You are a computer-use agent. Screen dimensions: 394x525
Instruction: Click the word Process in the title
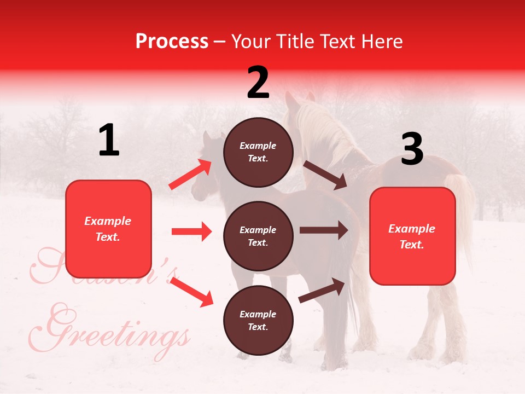[x=172, y=41]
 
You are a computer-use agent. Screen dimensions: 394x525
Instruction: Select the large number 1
[x=109, y=141]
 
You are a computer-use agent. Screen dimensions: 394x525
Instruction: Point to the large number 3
[x=412, y=149]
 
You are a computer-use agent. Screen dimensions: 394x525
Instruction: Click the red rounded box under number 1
[x=108, y=229]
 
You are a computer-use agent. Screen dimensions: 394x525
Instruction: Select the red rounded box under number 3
[x=412, y=236]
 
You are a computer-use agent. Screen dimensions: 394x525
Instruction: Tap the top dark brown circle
[x=258, y=152]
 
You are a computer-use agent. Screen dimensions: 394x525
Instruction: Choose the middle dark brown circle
[x=258, y=236]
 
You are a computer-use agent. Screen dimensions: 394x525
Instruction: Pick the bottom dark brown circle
[x=258, y=320]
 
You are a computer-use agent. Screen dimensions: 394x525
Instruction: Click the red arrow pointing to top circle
[x=190, y=174]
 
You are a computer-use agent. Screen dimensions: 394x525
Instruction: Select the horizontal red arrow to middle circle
[x=191, y=231]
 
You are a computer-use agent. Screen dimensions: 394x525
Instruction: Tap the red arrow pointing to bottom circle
[x=191, y=291]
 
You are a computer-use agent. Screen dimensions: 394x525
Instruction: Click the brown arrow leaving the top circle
[x=325, y=175]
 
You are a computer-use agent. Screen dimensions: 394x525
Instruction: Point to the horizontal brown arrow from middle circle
[x=324, y=230]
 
